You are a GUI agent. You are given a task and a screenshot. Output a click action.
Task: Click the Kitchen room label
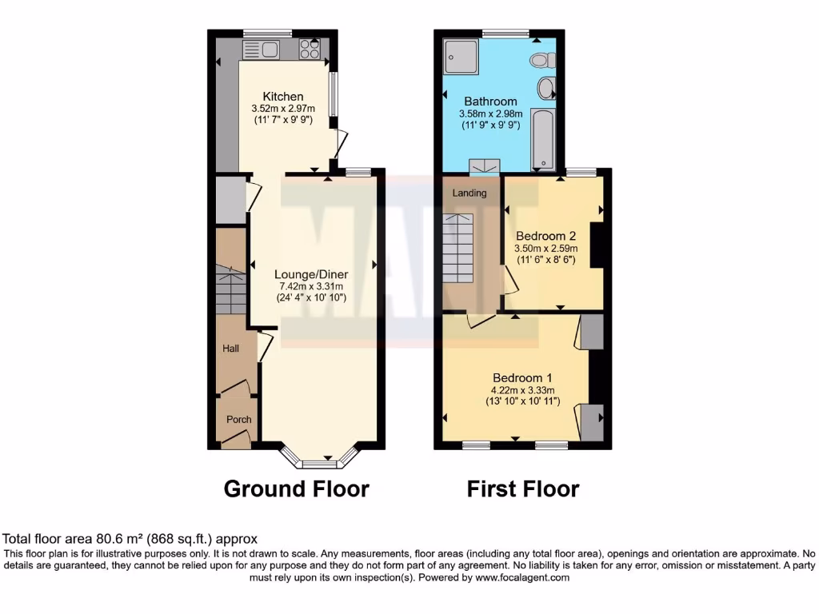click(x=283, y=97)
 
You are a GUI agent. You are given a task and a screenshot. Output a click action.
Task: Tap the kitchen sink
click(x=260, y=50)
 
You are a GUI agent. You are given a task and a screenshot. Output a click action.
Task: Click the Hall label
click(x=230, y=349)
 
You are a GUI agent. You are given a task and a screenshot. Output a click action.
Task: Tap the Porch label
click(x=238, y=419)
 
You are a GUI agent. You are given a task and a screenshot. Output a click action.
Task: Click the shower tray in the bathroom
click(x=460, y=53)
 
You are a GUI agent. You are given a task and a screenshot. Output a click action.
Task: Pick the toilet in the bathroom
click(x=544, y=59)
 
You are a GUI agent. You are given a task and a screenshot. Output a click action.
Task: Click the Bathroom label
click(x=490, y=102)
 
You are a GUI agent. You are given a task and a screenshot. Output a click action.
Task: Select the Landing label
click(x=469, y=193)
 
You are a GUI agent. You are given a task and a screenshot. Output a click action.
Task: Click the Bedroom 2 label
click(x=545, y=236)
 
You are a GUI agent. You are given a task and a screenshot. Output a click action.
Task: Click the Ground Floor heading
click(x=296, y=488)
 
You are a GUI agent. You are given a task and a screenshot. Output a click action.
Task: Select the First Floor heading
click(x=523, y=488)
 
